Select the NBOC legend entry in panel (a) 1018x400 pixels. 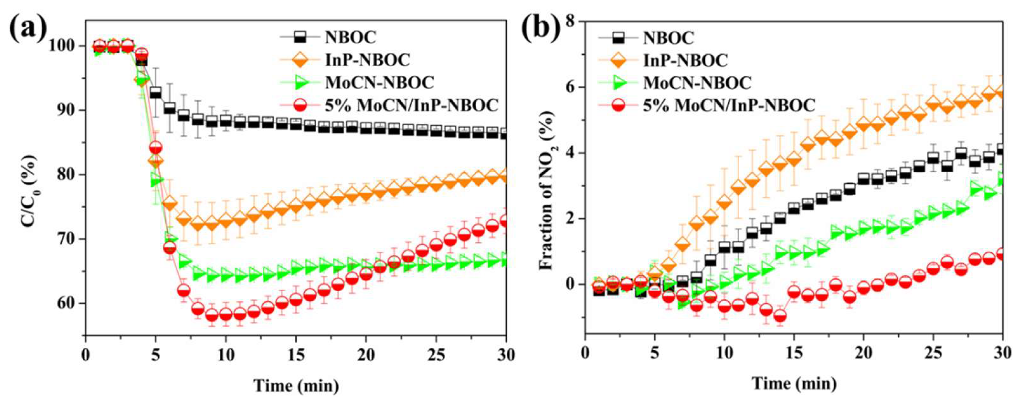click(351, 37)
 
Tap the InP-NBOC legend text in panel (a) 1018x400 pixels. click(368, 60)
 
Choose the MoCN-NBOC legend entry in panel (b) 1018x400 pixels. click(697, 83)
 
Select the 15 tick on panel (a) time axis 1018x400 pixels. click(295, 354)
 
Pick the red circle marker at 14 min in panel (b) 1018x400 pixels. click(780, 316)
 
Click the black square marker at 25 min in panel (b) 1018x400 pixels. click(933, 158)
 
